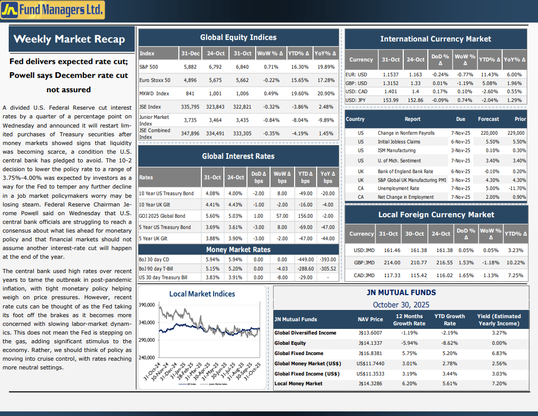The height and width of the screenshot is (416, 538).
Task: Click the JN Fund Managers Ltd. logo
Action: tap(53, 10)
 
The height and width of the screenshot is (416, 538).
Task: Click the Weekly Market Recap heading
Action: tap(69, 39)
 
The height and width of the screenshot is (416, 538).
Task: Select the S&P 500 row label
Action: tap(149, 67)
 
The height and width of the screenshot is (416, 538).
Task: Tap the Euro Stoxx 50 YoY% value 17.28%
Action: tap(326, 80)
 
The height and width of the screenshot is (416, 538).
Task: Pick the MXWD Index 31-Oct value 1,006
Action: tap(242, 93)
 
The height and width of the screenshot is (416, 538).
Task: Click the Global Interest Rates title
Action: tap(238, 156)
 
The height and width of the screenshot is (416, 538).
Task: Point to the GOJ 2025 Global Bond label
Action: tap(162, 216)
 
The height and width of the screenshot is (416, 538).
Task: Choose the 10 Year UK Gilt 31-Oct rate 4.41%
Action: tap(212, 204)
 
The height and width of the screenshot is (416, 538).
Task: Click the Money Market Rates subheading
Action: tap(238, 249)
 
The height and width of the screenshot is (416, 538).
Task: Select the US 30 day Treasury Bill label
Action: tap(163, 277)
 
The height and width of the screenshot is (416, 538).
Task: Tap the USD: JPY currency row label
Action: tap(356, 100)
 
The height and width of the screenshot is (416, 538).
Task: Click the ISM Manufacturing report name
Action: tap(397, 151)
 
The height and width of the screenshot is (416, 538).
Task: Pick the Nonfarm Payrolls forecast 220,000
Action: tap(488, 133)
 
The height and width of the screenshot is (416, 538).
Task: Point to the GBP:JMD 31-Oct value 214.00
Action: tap(392, 262)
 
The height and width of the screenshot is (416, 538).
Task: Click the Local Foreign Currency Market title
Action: tap(436, 215)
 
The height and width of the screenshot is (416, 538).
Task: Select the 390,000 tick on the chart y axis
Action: tap(147, 305)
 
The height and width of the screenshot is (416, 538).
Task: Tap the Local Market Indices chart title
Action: tap(202, 294)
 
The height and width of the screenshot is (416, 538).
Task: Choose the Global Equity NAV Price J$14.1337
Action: tap(370, 343)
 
